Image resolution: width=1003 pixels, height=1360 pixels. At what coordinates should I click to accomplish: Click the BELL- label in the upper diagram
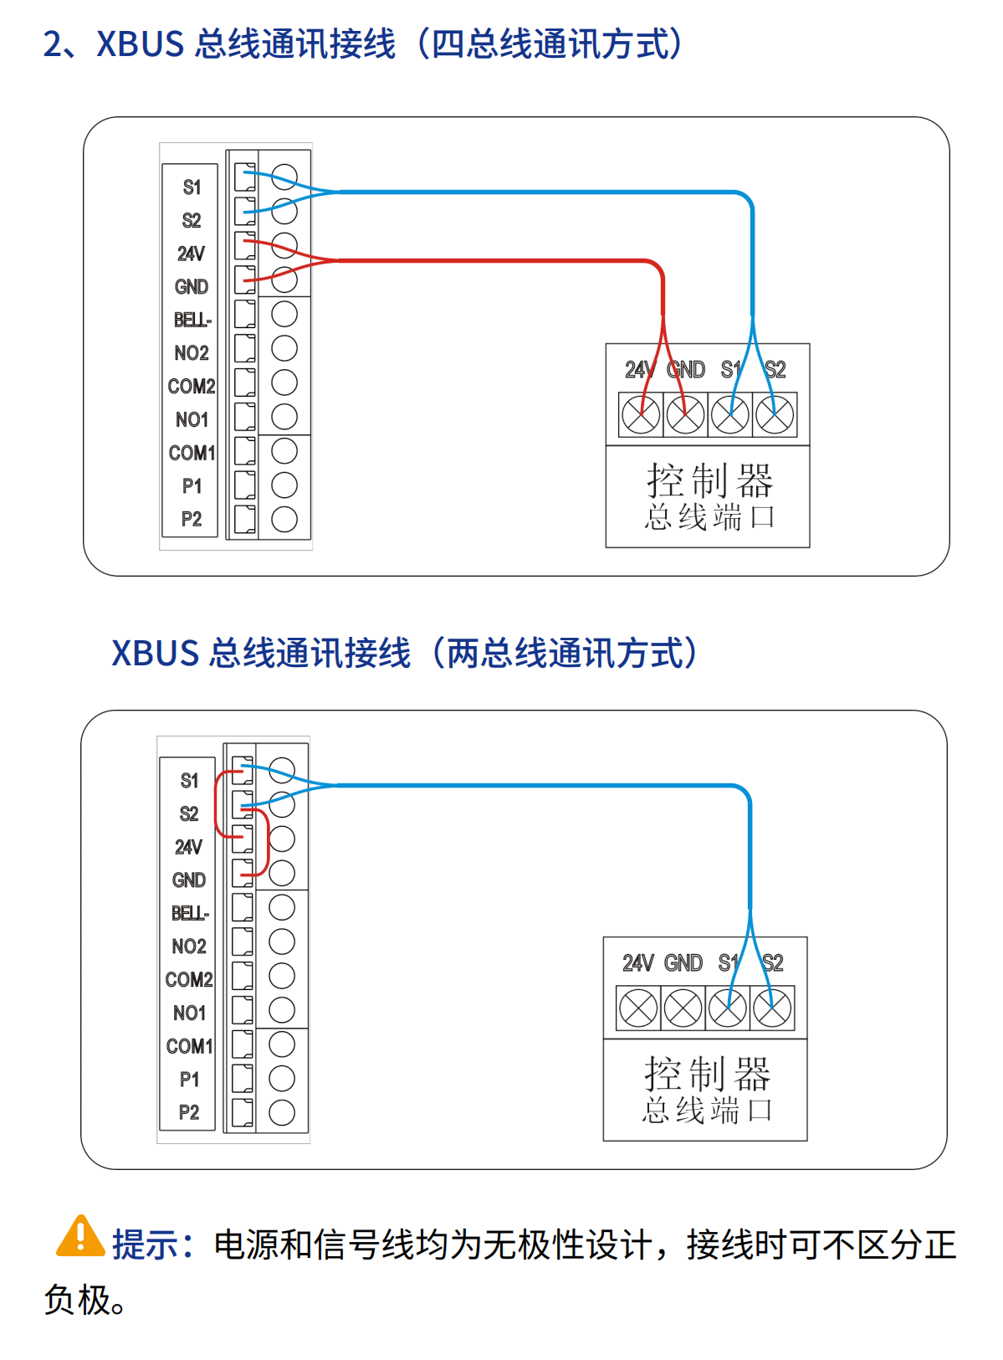click(x=192, y=320)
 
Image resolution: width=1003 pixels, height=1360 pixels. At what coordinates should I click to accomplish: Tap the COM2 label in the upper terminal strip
click(x=192, y=386)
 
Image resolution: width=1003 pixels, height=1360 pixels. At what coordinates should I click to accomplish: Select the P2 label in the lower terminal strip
click(x=189, y=1112)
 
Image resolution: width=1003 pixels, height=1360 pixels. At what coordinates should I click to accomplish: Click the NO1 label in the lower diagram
click(x=189, y=1013)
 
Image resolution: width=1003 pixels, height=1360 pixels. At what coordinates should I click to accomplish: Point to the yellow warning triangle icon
click(x=79, y=1237)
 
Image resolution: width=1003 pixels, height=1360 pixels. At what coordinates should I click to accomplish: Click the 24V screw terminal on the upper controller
click(x=641, y=414)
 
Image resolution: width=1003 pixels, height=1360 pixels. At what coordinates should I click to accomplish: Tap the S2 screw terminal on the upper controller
click(x=775, y=414)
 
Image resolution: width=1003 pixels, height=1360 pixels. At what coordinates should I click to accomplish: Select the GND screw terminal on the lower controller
click(x=683, y=1008)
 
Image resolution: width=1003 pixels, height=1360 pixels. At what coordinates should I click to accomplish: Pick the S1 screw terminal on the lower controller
click(x=728, y=1008)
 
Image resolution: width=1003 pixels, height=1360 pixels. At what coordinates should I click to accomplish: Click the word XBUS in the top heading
click(x=140, y=44)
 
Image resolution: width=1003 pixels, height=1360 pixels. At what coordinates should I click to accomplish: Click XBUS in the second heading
click(x=155, y=654)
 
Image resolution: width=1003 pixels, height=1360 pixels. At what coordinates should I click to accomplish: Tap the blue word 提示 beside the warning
click(x=146, y=1245)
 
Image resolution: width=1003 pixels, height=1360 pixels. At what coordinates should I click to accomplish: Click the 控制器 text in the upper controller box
click(x=709, y=480)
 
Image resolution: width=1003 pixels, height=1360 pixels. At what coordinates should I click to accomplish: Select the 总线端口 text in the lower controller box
click(x=707, y=1111)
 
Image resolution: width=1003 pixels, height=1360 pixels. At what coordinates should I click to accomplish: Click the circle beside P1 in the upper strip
click(x=284, y=485)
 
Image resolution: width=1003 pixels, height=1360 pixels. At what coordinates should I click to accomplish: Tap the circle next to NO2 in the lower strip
click(x=282, y=942)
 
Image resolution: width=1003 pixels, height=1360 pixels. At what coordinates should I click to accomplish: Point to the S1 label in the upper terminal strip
click(x=192, y=187)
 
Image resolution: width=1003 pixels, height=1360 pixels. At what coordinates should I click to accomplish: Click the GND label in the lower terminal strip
click(x=189, y=880)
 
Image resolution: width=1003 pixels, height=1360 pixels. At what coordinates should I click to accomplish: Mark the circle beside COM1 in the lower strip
click(x=282, y=1044)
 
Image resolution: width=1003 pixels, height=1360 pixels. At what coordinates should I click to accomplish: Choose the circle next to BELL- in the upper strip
click(x=284, y=314)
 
